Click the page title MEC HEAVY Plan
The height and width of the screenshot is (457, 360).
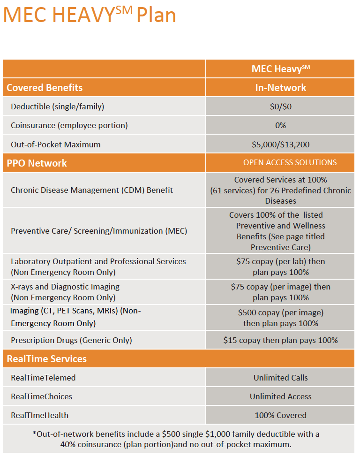[90, 14]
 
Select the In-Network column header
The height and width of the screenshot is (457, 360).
[280, 87]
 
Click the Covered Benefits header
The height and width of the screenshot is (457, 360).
[45, 87]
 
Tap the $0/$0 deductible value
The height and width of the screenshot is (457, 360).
[280, 107]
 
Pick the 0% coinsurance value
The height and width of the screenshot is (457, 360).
[280, 125]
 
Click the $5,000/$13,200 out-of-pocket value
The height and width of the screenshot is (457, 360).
[280, 144]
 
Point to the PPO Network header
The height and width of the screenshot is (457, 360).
[37, 163]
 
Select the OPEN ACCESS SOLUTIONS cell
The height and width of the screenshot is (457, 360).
[290, 162]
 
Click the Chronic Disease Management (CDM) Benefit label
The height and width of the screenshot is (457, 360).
[92, 190]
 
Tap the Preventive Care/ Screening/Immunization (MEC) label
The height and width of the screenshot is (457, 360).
[99, 231]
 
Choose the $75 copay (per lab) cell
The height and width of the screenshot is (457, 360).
[280, 267]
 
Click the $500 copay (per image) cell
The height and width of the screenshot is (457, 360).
[280, 318]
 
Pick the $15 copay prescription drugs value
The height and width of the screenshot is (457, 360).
[280, 340]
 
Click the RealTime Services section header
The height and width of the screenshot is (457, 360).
[46, 359]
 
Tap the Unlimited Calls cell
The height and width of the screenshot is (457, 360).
[280, 378]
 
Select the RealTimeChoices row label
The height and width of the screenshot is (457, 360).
[41, 396]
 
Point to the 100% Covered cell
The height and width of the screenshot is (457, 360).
[280, 415]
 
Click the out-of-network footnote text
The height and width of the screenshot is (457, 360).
[176, 439]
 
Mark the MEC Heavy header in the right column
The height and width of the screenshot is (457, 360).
[280, 69]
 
